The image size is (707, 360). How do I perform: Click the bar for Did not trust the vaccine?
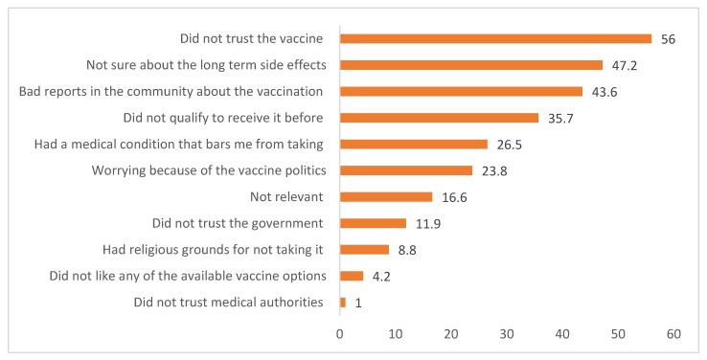(495, 39)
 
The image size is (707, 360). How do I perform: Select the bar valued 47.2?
(471, 65)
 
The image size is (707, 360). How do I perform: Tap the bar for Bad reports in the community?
(461, 92)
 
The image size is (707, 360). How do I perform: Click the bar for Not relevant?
(386, 196)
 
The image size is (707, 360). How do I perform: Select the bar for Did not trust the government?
(373, 223)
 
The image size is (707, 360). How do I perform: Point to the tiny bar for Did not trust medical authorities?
(343, 303)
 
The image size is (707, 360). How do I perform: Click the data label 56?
(669, 39)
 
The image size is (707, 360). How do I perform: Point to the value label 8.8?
(410, 250)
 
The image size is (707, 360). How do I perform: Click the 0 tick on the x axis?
(340, 334)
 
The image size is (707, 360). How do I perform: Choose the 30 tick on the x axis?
(507, 334)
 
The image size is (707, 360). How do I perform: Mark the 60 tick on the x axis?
(673, 334)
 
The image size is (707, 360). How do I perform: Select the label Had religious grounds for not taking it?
(213, 250)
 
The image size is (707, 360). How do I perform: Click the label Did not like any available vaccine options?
(187, 276)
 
